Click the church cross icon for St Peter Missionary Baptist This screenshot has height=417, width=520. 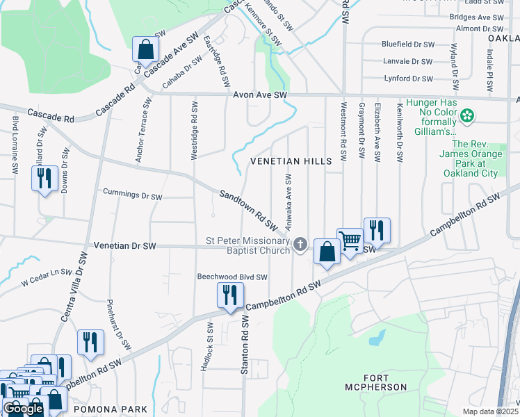[300, 243]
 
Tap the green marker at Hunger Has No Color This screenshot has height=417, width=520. [468, 114]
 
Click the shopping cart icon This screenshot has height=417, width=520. [350, 240]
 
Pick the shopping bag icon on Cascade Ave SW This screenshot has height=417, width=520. [146, 49]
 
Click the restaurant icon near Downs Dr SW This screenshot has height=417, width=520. [44, 179]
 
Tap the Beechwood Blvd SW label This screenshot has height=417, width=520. [231, 277]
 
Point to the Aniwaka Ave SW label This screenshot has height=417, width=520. [287, 202]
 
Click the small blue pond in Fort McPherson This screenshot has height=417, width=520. [377, 337]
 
